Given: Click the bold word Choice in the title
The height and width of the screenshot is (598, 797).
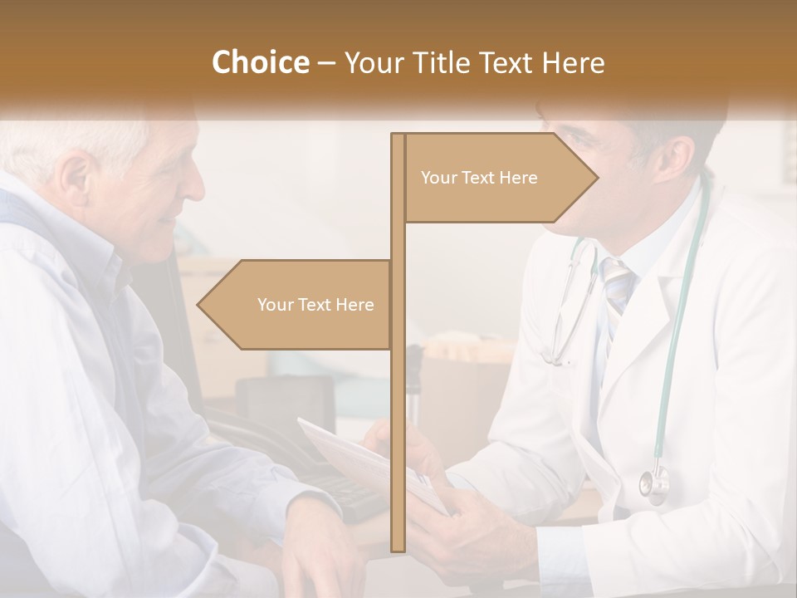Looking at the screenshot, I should [260, 62].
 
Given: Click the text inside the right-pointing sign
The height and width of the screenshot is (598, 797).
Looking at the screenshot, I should [479, 178].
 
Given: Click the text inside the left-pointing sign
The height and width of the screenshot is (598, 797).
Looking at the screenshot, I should [315, 305].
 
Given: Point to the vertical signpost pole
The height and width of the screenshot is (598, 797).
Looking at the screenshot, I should [398, 415].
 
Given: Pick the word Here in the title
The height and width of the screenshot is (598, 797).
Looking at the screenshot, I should [573, 62].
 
